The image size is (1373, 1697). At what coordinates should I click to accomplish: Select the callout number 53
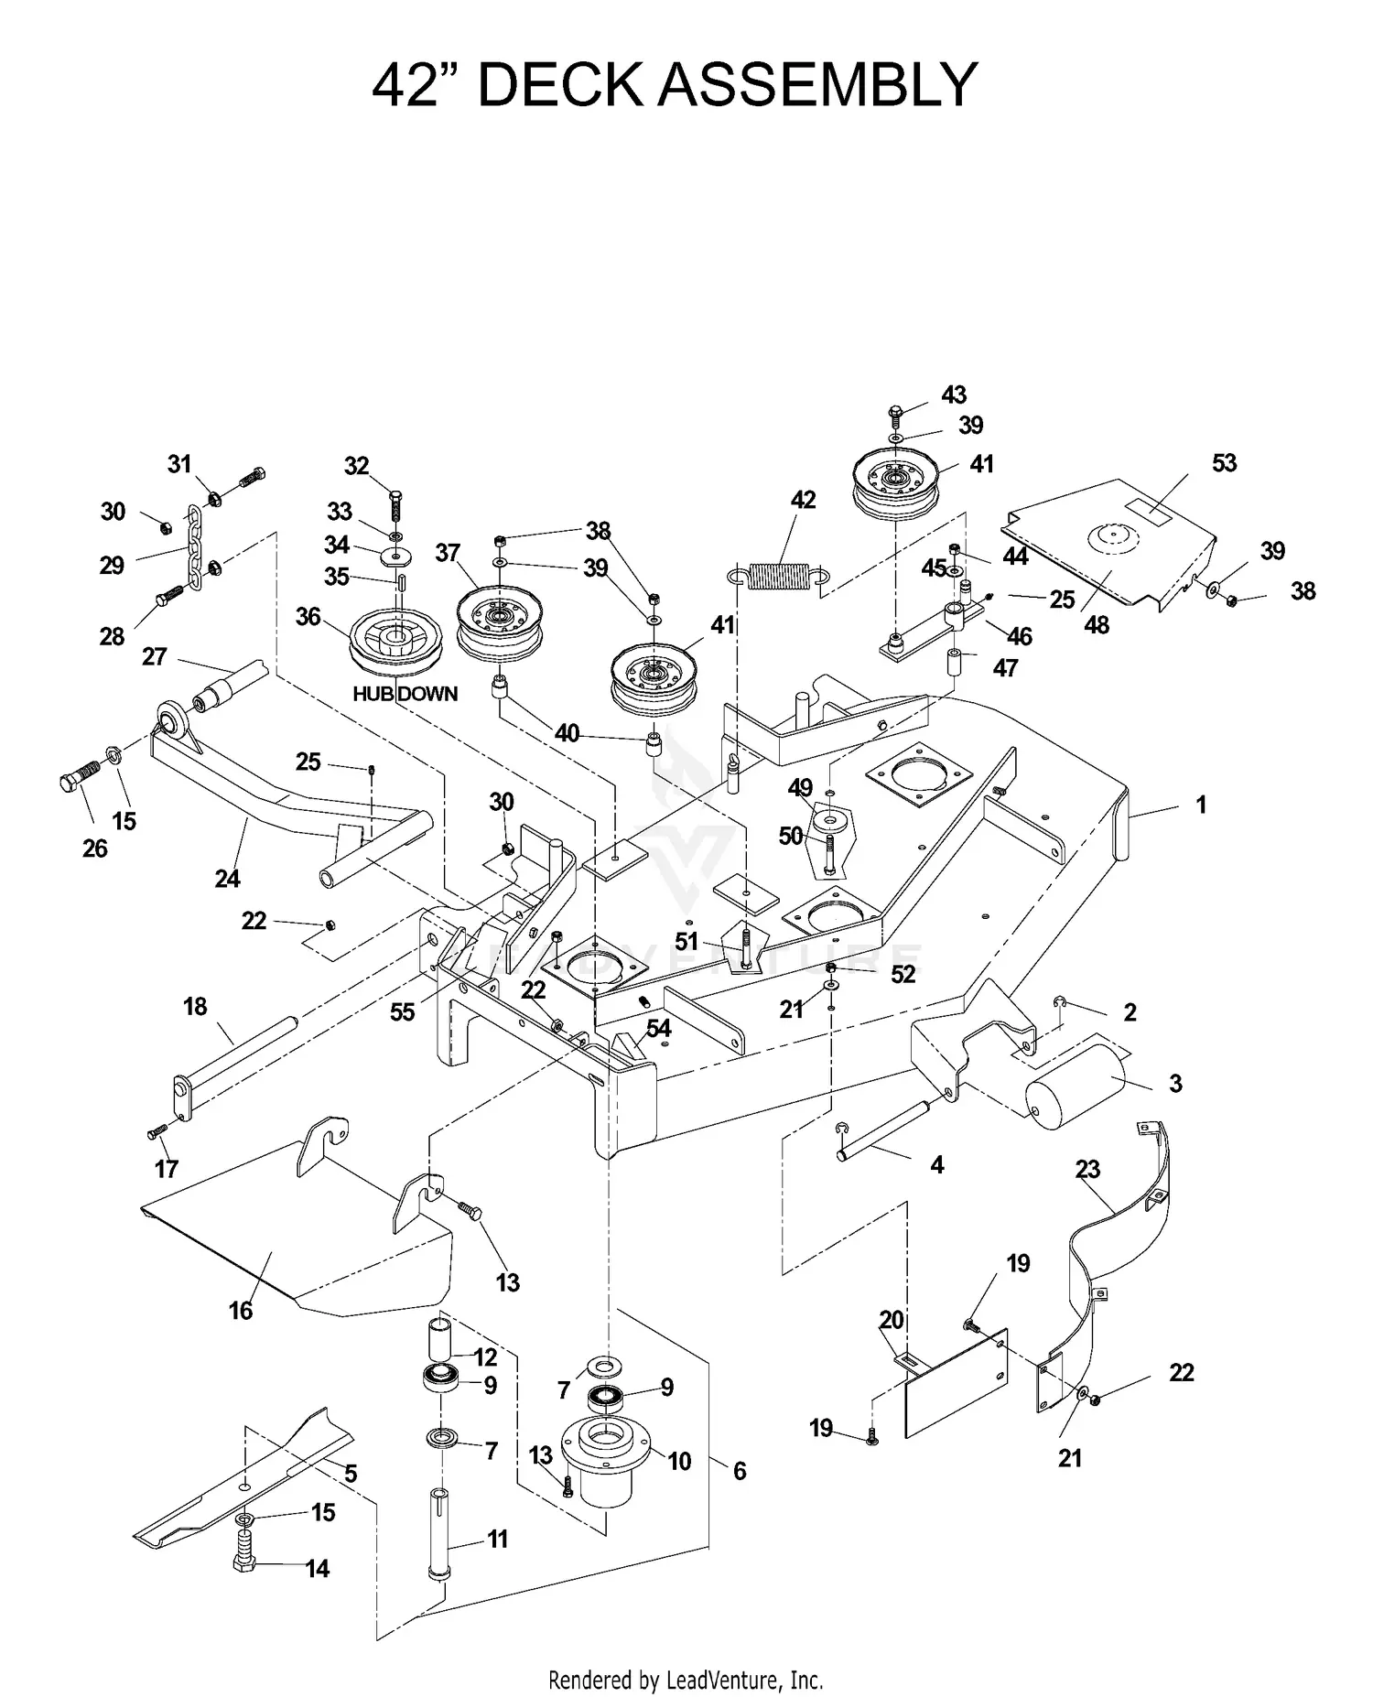click(1224, 463)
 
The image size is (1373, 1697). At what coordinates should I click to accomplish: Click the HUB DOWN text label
click(405, 694)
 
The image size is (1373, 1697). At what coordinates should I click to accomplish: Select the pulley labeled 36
click(396, 641)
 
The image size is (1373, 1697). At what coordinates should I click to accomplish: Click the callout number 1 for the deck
click(1201, 805)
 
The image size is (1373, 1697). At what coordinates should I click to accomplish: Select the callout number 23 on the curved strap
click(1087, 1170)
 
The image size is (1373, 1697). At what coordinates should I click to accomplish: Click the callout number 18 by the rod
click(195, 1007)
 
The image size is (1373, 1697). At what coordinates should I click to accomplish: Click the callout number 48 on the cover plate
click(1096, 624)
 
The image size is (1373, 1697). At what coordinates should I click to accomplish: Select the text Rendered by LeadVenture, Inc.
click(686, 1680)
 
